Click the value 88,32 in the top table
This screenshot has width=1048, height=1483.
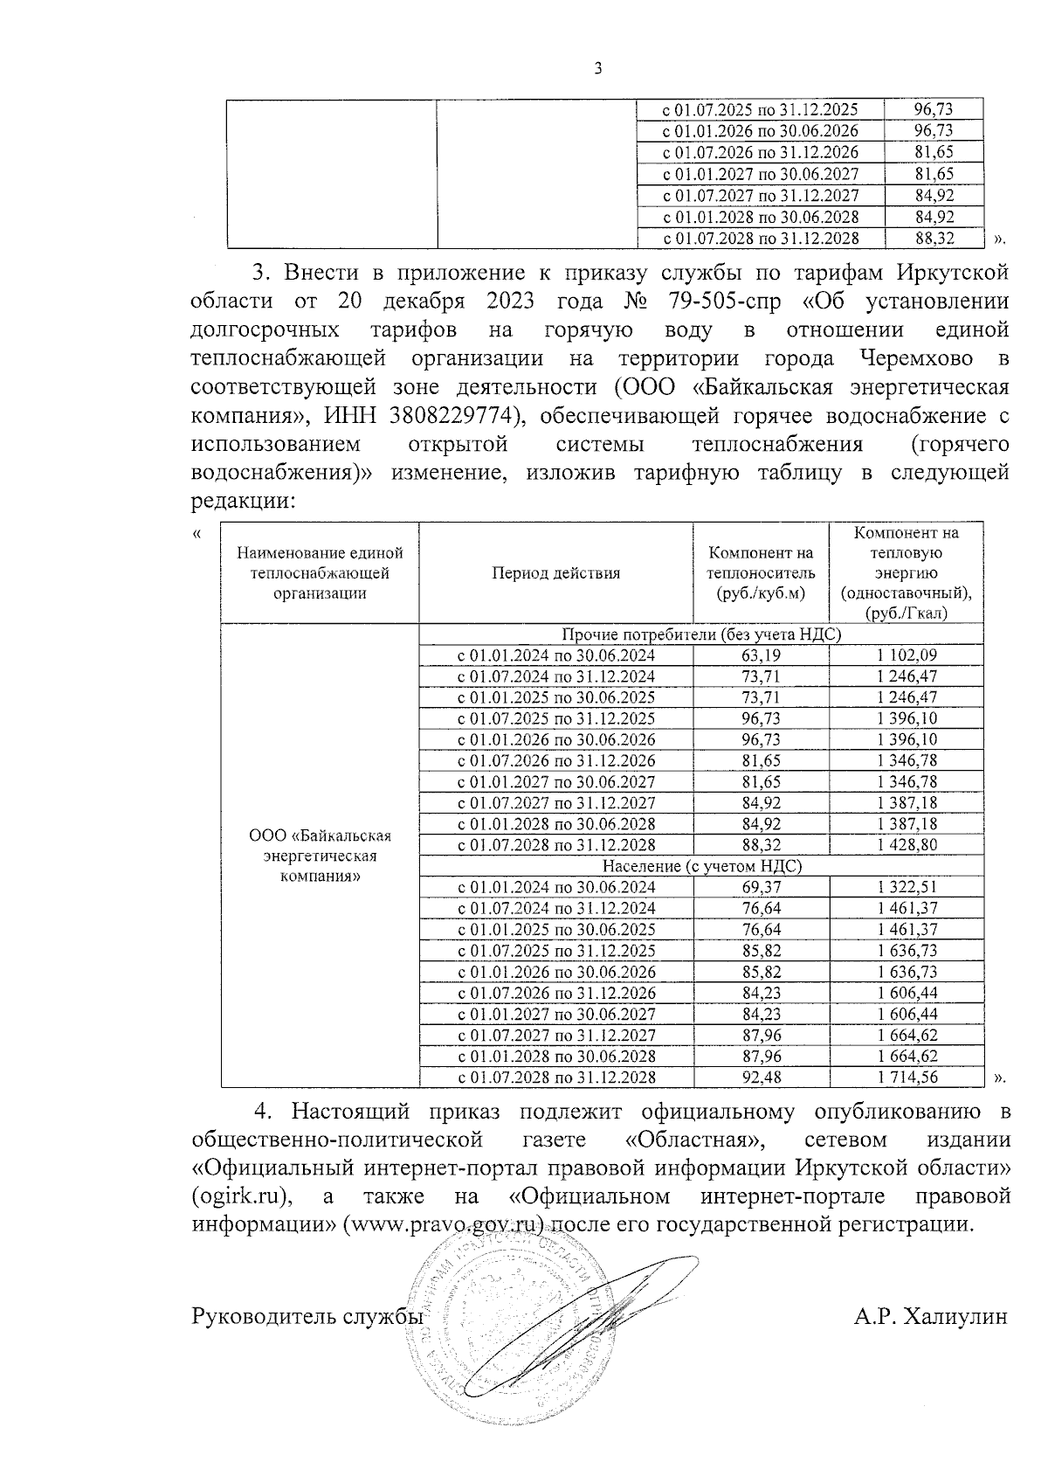click(x=933, y=238)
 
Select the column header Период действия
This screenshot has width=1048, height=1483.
click(x=555, y=573)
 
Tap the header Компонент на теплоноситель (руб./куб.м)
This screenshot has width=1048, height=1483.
click(x=761, y=573)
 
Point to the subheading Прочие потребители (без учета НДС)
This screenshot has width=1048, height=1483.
click(x=701, y=634)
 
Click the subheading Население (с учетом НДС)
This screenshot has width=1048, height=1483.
click(x=701, y=866)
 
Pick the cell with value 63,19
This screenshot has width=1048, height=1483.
click(x=761, y=655)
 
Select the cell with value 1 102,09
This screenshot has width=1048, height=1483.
click(x=907, y=655)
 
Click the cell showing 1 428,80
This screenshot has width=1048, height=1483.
click(x=907, y=845)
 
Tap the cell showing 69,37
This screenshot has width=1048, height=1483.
click(x=761, y=887)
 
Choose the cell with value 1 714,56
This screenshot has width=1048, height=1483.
click(x=907, y=1077)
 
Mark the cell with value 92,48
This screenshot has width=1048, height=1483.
click(x=761, y=1077)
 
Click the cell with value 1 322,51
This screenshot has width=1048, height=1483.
click(x=907, y=887)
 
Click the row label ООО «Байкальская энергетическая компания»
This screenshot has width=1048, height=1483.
click(x=320, y=856)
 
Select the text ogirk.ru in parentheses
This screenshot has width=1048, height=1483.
click(x=240, y=1195)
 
